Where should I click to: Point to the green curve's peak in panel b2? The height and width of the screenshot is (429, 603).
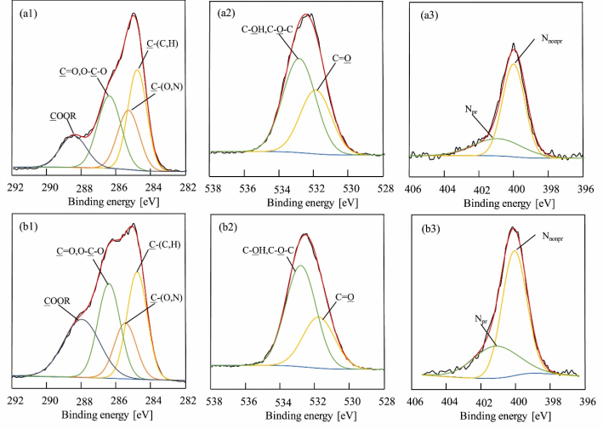(x=300, y=266)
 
